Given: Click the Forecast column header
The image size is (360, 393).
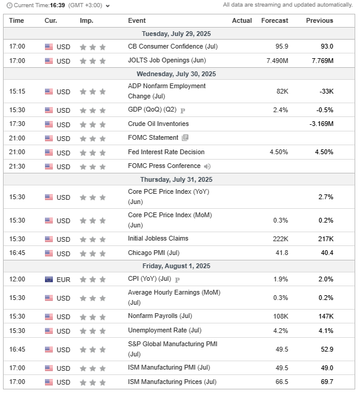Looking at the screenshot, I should click(275, 20).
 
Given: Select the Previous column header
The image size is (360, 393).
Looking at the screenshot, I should click(319, 20).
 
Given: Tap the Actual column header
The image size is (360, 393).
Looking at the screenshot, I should click(242, 20).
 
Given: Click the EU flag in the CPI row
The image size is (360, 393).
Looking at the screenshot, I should click(49, 280).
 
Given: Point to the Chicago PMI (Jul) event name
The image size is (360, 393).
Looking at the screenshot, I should click(154, 253).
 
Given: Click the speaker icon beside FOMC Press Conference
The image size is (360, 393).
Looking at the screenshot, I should click(207, 166).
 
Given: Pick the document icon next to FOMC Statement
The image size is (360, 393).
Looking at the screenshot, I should click(185, 138).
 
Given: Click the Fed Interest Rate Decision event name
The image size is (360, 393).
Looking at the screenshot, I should click(166, 152).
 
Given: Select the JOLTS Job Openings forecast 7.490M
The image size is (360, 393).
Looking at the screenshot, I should click(275, 61).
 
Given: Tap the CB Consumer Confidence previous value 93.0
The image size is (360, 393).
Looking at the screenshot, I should click(327, 46).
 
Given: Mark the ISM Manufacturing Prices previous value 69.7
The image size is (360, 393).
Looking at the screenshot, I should click(327, 382).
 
